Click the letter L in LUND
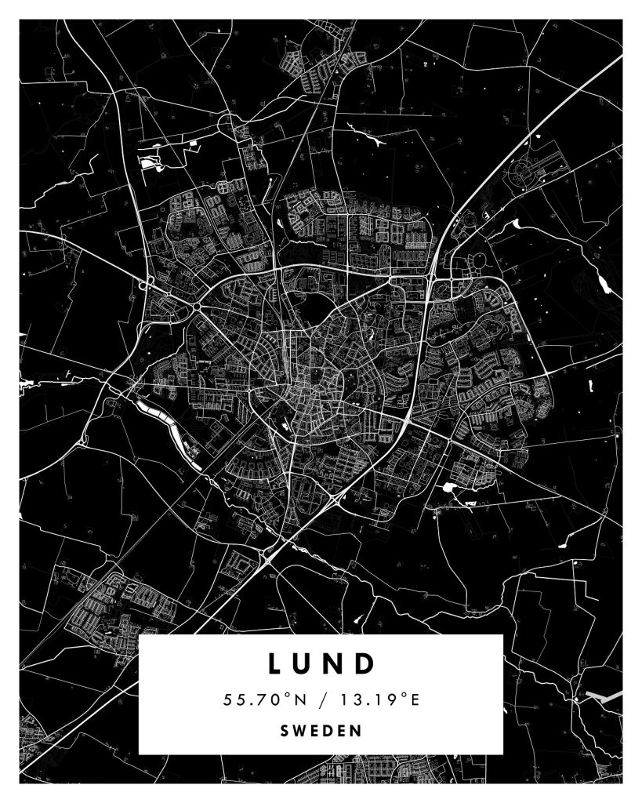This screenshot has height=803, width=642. click(275, 663)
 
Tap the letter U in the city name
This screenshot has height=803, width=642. click(304, 663)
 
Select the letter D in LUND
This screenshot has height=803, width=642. click(365, 663)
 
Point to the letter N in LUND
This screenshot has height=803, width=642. click(335, 663)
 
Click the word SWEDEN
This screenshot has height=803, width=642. click(321, 731)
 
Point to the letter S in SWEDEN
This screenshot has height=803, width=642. click(284, 731)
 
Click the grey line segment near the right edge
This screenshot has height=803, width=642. click(604, 696)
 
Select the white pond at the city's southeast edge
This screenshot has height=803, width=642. click(449, 488)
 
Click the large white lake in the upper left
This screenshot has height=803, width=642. click(151, 163)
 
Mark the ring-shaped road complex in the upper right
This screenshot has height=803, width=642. click(524, 169)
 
